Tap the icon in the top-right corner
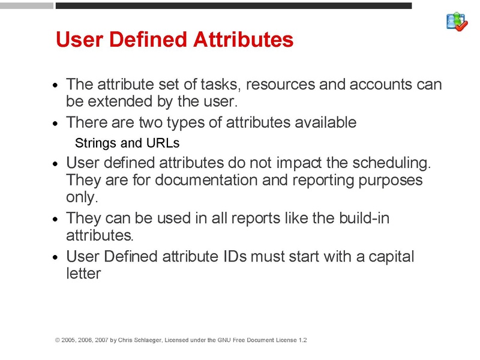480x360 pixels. point(457,22)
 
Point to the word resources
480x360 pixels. point(281,84)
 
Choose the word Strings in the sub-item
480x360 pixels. point(95,143)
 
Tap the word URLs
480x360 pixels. point(163,143)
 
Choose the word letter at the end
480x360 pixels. point(83,274)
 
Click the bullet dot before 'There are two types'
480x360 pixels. point(56,124)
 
